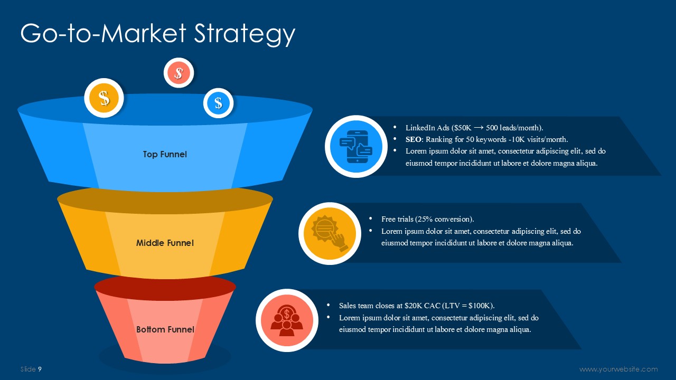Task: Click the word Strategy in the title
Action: coord(244,34)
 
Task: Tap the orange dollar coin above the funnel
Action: coord(104,98)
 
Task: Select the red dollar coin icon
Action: coord(179,73)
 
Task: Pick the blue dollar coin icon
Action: coord(218,103)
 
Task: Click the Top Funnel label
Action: coord(165,155)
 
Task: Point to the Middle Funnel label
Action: coord(165,243)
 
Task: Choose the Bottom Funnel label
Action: coord(165,329)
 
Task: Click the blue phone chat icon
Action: coord(356,147)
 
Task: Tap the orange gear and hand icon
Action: coord(330,233)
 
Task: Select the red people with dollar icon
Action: coord(287,320)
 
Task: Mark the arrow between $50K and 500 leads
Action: coord(478,128)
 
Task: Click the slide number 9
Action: coord(40,369)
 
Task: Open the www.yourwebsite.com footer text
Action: coord(618,369)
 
